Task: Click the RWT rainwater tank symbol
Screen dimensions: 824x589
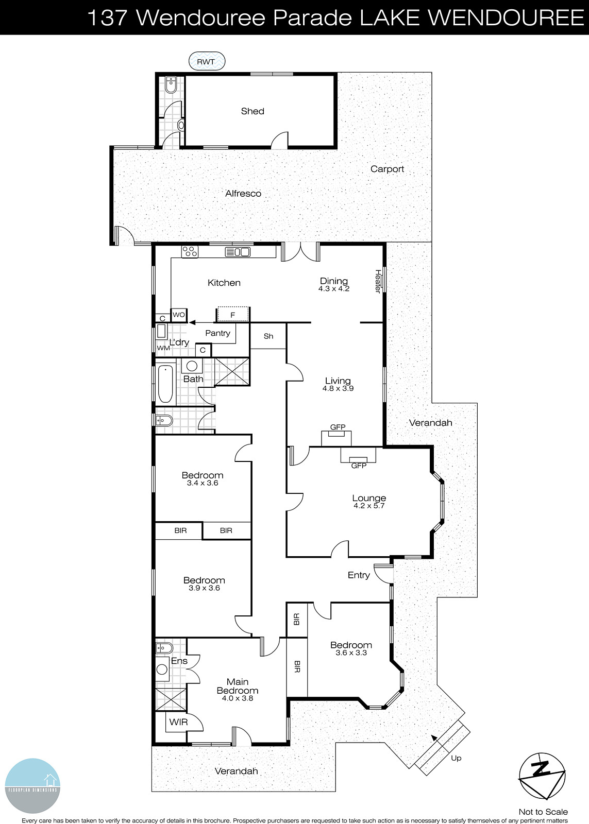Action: coord(207,62)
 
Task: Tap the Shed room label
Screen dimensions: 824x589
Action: coord(253,111)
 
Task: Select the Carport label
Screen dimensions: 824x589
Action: coord(387,169)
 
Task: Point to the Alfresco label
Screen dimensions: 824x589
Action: coord(243,194)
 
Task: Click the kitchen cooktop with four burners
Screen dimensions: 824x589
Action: coord(190,252)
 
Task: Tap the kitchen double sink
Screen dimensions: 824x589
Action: coord(238,252)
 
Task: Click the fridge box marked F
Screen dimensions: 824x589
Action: coord(233,314)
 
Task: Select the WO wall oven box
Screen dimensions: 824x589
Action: coord(179,315)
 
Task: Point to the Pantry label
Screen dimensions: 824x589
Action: coord(217,333)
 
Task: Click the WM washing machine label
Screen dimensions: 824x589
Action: coord(163,348)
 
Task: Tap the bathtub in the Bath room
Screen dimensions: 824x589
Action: coord(165,384)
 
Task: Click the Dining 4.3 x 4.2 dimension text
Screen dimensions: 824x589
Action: coord(334,289)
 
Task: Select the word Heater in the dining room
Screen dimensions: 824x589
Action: coord(378,282)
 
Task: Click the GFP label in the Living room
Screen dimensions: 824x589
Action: coord(338,427)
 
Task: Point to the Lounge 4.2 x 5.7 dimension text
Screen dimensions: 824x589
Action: coord(369,506)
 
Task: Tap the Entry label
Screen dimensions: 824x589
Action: coord(359,575)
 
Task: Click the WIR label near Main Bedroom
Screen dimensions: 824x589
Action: coord(178,722)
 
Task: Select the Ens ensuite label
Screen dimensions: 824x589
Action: coord(179,661)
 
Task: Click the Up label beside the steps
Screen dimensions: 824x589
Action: coord(456,758)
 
